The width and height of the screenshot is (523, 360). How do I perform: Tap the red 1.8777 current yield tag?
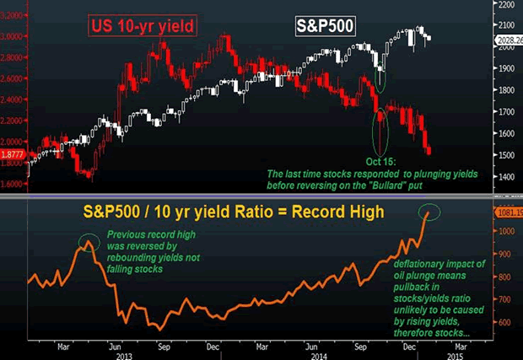pos(13,155)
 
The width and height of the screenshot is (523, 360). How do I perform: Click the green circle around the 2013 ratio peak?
pos(88,244)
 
